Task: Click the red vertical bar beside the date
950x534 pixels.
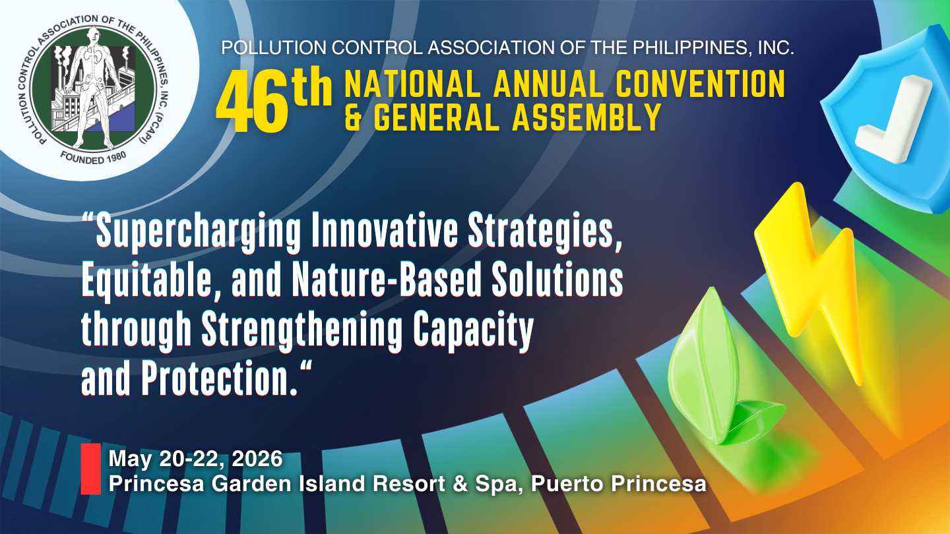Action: [91, 469]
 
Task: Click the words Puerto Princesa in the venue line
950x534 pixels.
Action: [618, 484]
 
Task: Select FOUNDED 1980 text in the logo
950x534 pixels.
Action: [93, 158]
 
